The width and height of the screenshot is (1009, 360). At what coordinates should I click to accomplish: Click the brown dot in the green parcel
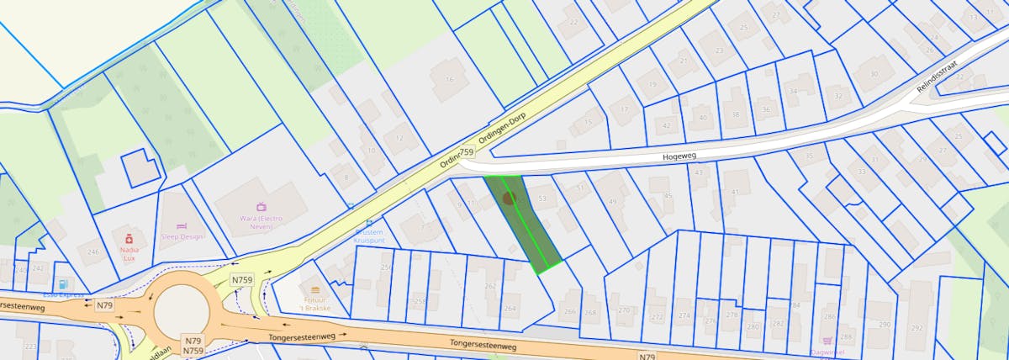point(508,199)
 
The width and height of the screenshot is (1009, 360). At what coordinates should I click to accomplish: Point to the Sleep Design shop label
point(182,237)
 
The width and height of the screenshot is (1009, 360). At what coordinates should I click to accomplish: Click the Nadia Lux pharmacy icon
point(129,239)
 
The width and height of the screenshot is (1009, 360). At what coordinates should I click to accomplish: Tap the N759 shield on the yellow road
point(242,279)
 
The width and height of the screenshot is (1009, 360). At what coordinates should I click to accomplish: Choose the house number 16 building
point(450,80)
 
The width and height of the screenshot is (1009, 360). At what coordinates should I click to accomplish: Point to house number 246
point(93,251)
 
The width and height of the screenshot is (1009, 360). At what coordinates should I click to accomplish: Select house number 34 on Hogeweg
point(792,91)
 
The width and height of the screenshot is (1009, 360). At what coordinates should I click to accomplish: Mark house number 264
point(510,308)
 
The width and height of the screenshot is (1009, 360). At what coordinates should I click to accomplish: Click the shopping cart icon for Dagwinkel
point(828,341)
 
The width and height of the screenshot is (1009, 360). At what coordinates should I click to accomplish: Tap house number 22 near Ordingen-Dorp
point(573,21)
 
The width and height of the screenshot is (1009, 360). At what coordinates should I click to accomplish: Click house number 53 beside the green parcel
point(542,199)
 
